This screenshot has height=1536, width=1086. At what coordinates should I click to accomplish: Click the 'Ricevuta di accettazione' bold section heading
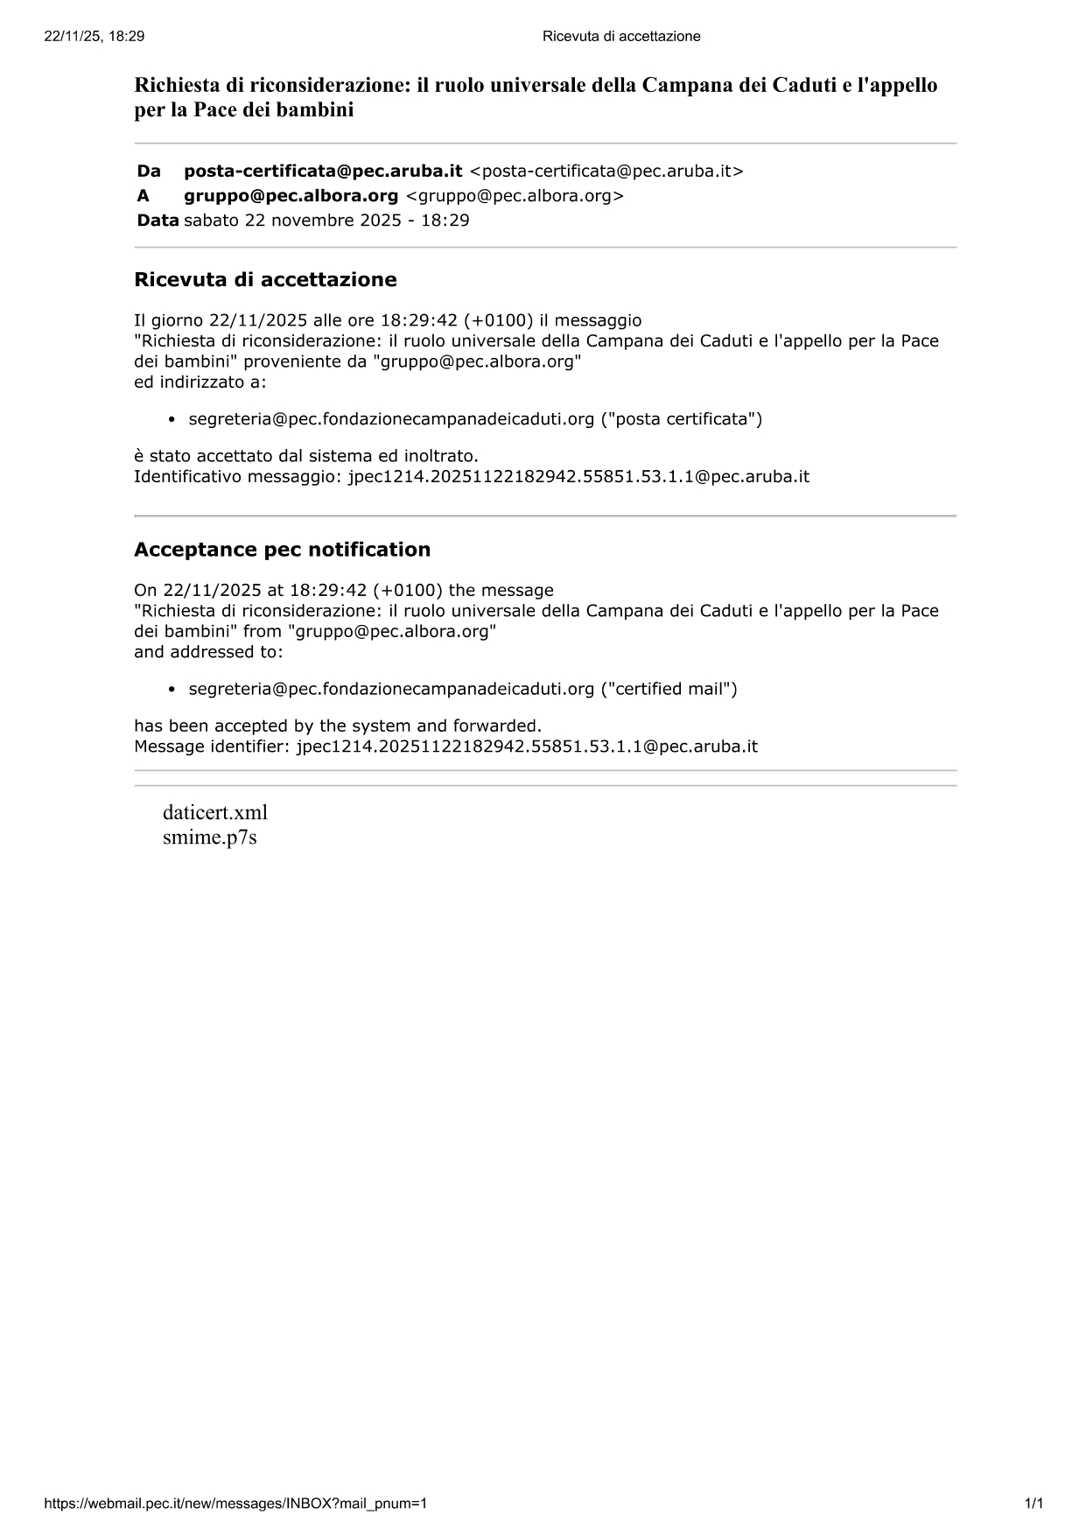tap(265, 280)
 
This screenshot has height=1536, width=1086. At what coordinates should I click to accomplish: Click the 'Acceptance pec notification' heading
tap(282, 550)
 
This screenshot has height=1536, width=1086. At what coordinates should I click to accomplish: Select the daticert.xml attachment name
tap(214, 812)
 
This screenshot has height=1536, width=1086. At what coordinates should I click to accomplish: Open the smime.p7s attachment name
tap(209, 838)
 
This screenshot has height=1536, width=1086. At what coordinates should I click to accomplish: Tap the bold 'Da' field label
tap(149, 171)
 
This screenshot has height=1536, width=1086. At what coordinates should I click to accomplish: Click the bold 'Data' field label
tap(158, 220)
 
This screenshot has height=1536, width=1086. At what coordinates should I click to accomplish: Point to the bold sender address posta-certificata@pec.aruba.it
tap(323, 171)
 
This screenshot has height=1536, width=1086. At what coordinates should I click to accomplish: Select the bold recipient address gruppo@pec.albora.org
tap(291, 195)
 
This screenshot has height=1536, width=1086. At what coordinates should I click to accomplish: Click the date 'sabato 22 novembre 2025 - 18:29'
tap(326, 220)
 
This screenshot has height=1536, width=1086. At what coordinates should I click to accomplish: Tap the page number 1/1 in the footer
tap(1033, 1504)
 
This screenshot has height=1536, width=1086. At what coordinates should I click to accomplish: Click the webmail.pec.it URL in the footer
tap(235, 1504)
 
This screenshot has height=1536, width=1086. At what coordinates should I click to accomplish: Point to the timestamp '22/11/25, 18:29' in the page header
tap(94, 36)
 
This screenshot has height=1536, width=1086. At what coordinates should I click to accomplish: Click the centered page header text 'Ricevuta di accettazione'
tap(621, 36)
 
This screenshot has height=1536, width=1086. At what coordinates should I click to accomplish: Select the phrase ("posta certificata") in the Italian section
tap(681, 419)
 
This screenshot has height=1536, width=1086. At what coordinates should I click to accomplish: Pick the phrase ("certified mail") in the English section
tap(669, 689)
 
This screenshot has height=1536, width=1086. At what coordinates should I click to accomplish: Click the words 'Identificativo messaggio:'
tap(237, 477)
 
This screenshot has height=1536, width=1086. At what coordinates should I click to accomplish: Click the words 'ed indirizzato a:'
tap(200, 382)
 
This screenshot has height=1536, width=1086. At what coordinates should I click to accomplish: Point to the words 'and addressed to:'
tap(208, 652)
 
